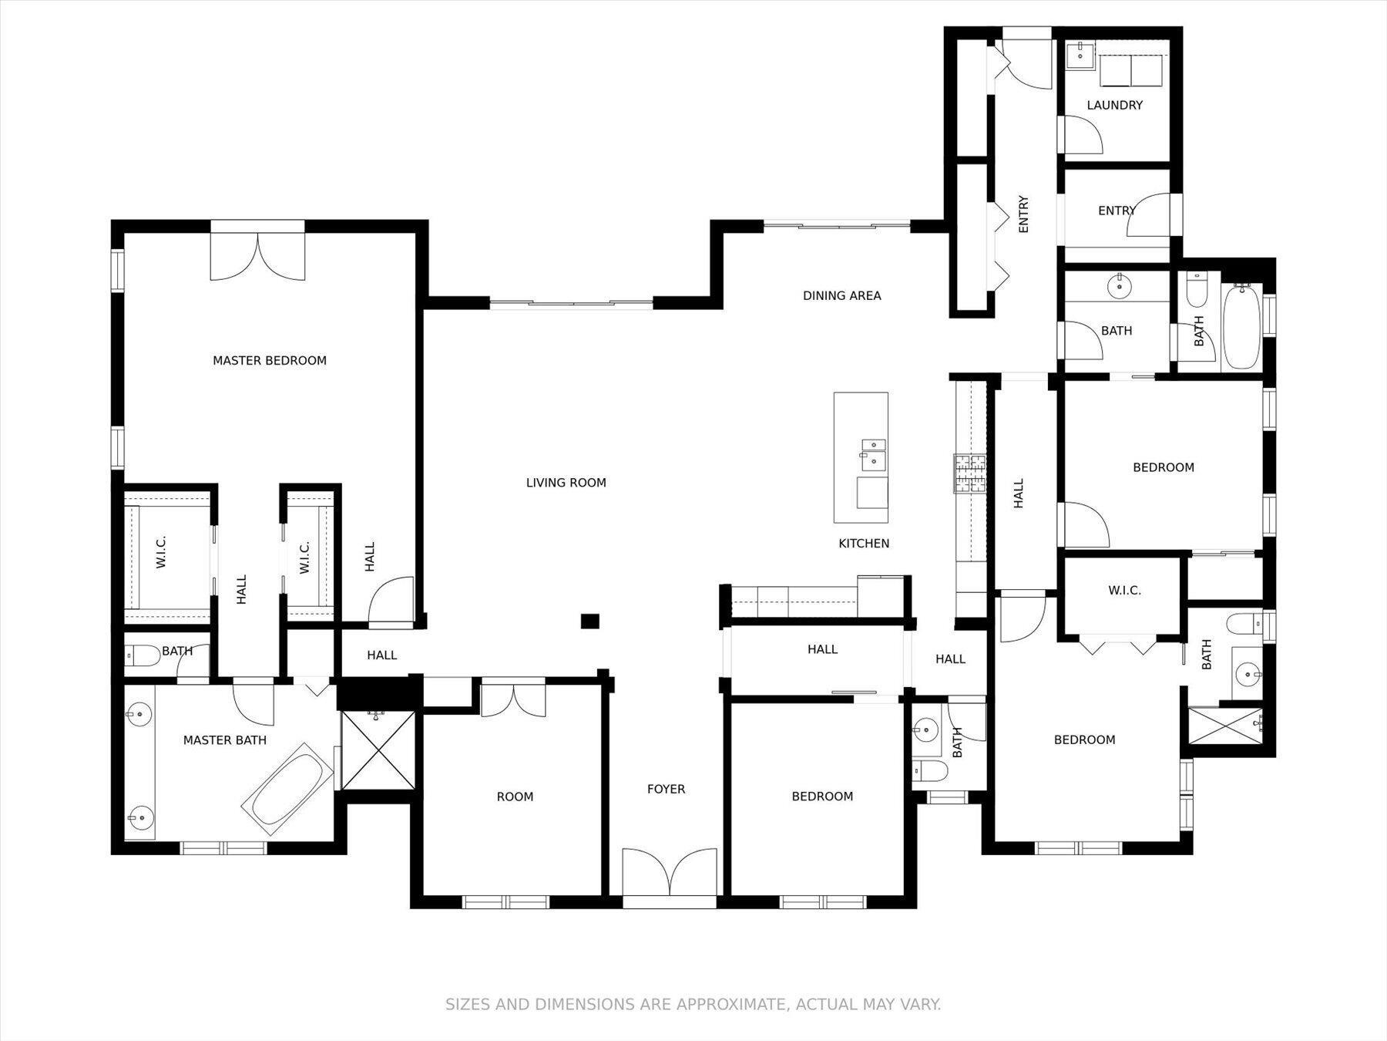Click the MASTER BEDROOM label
point(270,360)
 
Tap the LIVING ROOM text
point(566,483)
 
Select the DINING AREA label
point(841,295)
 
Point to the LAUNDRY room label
point(1114,105)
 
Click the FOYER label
point(666,789)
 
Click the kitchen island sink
point(873,453)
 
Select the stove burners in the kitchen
point(969,473)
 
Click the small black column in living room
point(589,621)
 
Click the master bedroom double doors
point(258,254)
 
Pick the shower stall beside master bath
point(378,750)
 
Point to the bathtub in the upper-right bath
point(1241,327)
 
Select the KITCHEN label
point(864,544)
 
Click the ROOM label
point(515,797)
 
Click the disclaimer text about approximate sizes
point(693,1004)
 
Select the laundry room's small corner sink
point(1080,53)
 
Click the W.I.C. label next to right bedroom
point(1124,591)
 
